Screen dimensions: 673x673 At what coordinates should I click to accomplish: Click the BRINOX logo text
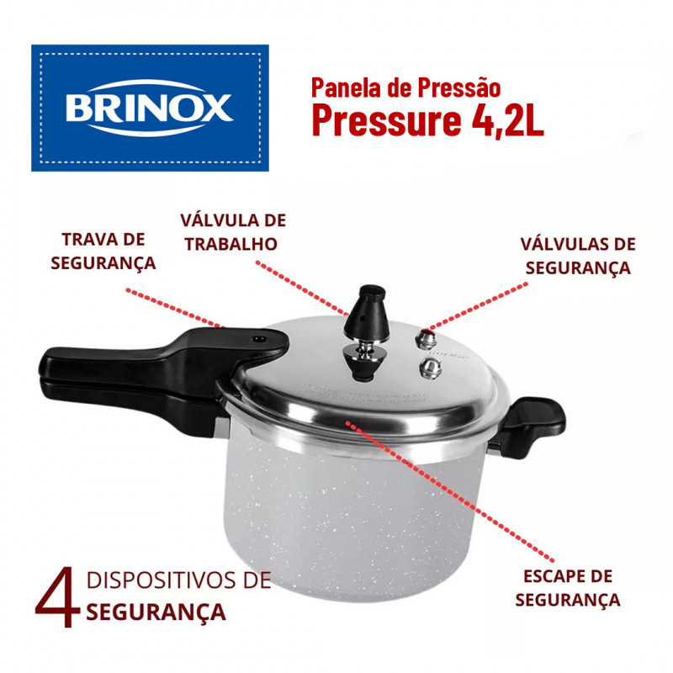point(149,108)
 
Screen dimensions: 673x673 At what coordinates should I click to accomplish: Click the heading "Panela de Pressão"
point(406,87)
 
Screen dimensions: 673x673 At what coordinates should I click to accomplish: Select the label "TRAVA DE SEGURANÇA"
point(103,251)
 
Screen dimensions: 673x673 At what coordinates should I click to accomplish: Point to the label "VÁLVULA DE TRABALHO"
point(233,232)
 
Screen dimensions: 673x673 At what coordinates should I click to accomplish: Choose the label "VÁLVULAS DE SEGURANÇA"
point(578,256)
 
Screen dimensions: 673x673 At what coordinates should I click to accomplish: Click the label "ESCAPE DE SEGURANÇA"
point(567,588)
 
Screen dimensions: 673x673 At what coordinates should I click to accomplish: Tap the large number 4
point(57,597)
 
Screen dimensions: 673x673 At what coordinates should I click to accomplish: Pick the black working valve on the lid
point(366,331)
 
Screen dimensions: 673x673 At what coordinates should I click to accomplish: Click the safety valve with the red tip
point(426,338)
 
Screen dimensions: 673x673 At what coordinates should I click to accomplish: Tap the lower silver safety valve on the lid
point(430,368)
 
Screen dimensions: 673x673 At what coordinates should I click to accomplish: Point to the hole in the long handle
point(258,339)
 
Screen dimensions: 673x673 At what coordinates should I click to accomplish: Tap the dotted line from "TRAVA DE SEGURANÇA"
point(175,308)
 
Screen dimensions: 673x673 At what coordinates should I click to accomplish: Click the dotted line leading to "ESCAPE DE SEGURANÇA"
point(449,491)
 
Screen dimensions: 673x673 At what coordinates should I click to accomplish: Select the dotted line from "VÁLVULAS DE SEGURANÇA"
point(478,306)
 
